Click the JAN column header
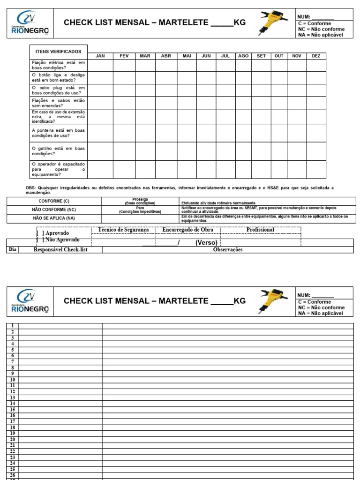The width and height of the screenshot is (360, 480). point(100,56)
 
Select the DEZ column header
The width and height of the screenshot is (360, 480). point(316,56)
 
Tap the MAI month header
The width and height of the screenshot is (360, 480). point(187,56)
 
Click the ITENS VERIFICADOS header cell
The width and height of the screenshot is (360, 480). point(58,52)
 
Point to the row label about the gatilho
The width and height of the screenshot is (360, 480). point(58,151)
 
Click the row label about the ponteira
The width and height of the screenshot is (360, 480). point(58,133)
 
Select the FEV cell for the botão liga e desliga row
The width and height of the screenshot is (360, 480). point(124,77)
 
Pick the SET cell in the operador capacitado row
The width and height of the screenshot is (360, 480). point(261,169)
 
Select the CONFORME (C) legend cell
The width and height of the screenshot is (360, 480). point(54,201)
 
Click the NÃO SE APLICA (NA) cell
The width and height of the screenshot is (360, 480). point(54,218)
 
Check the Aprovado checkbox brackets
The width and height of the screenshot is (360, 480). point(39,233)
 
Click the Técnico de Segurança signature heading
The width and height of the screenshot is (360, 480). point(123,230)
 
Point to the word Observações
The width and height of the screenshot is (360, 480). point(228,250)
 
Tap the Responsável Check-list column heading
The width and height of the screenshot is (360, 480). point(60,250)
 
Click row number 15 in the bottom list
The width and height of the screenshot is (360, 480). point(13,409)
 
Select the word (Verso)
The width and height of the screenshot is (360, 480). point(207,242)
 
